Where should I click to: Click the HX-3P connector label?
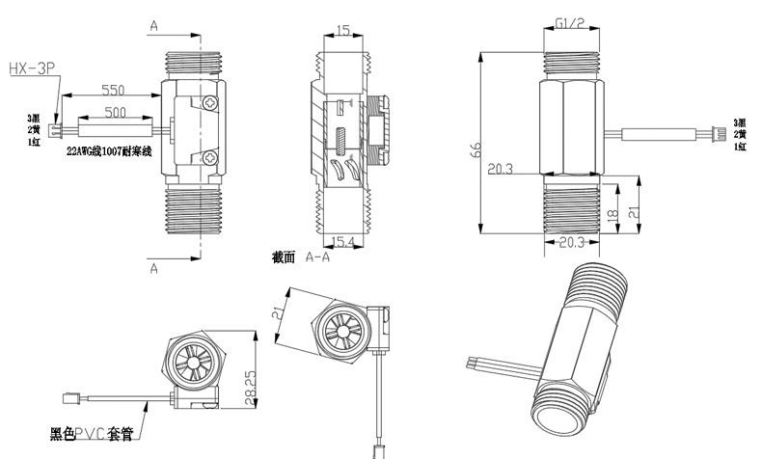35,68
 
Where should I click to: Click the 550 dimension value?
114,90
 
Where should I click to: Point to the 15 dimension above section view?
344,31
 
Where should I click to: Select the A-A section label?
318,258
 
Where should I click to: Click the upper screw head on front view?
211,102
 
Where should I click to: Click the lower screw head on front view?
211,155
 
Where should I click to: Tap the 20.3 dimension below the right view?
573,242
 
